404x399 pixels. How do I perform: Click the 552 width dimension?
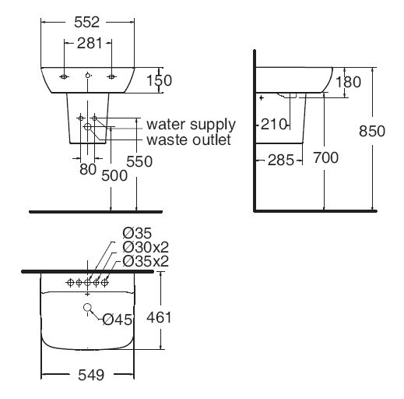(87, 24)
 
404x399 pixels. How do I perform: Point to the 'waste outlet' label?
(188, 140)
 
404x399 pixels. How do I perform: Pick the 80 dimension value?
(87, 168)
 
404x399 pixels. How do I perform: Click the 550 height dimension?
(139, 161)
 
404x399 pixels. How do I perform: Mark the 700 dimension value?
(325, 158)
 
